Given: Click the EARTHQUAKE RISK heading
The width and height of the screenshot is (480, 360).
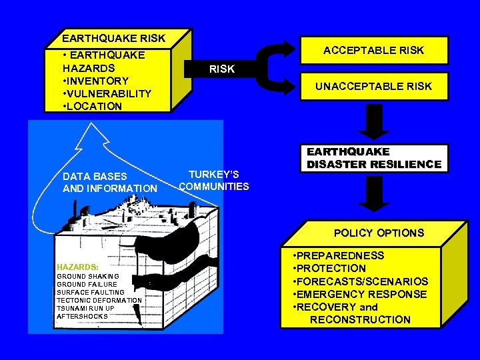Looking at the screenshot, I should pyautogui.click(x=113, y=38).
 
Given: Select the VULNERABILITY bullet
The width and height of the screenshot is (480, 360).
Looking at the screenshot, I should pyautogui.click(x=107, y=93).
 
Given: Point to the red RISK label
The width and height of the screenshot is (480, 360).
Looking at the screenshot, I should pyautogui.click(x=221, y=69).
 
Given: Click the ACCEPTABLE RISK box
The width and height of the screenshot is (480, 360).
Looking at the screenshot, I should pyautogui.click(x=373, y=51).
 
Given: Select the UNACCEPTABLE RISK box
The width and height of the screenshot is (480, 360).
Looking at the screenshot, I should pyautogui.click(x=373, y=86).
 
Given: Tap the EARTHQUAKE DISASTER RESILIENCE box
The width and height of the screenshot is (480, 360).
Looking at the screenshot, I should pyautogui.click(x=373, y=158).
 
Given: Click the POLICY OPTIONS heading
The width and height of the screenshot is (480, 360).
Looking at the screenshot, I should pyautogui.click(x=379, y=233).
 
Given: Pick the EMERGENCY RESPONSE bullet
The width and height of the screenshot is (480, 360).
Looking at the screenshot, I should pyautogui.click(x=360, y=294).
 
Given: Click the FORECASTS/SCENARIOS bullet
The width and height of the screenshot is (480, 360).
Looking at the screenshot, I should pyautogui.click(x=360, y=281).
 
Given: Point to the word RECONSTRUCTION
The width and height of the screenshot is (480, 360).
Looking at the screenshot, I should pyautogui.click(x=360, y=319).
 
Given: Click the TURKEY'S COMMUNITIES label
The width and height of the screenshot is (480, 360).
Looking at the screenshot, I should pyautogui.click(x=214, y=180).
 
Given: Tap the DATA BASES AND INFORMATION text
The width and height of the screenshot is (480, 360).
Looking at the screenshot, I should pyautogui.click(x=109, y=183).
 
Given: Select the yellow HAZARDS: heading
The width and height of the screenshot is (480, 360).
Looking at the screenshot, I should pyautogui.click(x=77, y=267).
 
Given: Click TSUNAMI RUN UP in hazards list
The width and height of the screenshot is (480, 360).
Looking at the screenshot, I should pyautogui.click(x=85, y=308).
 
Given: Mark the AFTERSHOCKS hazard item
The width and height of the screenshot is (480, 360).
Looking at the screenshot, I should pyautogui.click(x=82, y=316).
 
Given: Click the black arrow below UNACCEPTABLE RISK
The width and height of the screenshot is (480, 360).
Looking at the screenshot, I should pyautogui.click(x=376, y=122).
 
